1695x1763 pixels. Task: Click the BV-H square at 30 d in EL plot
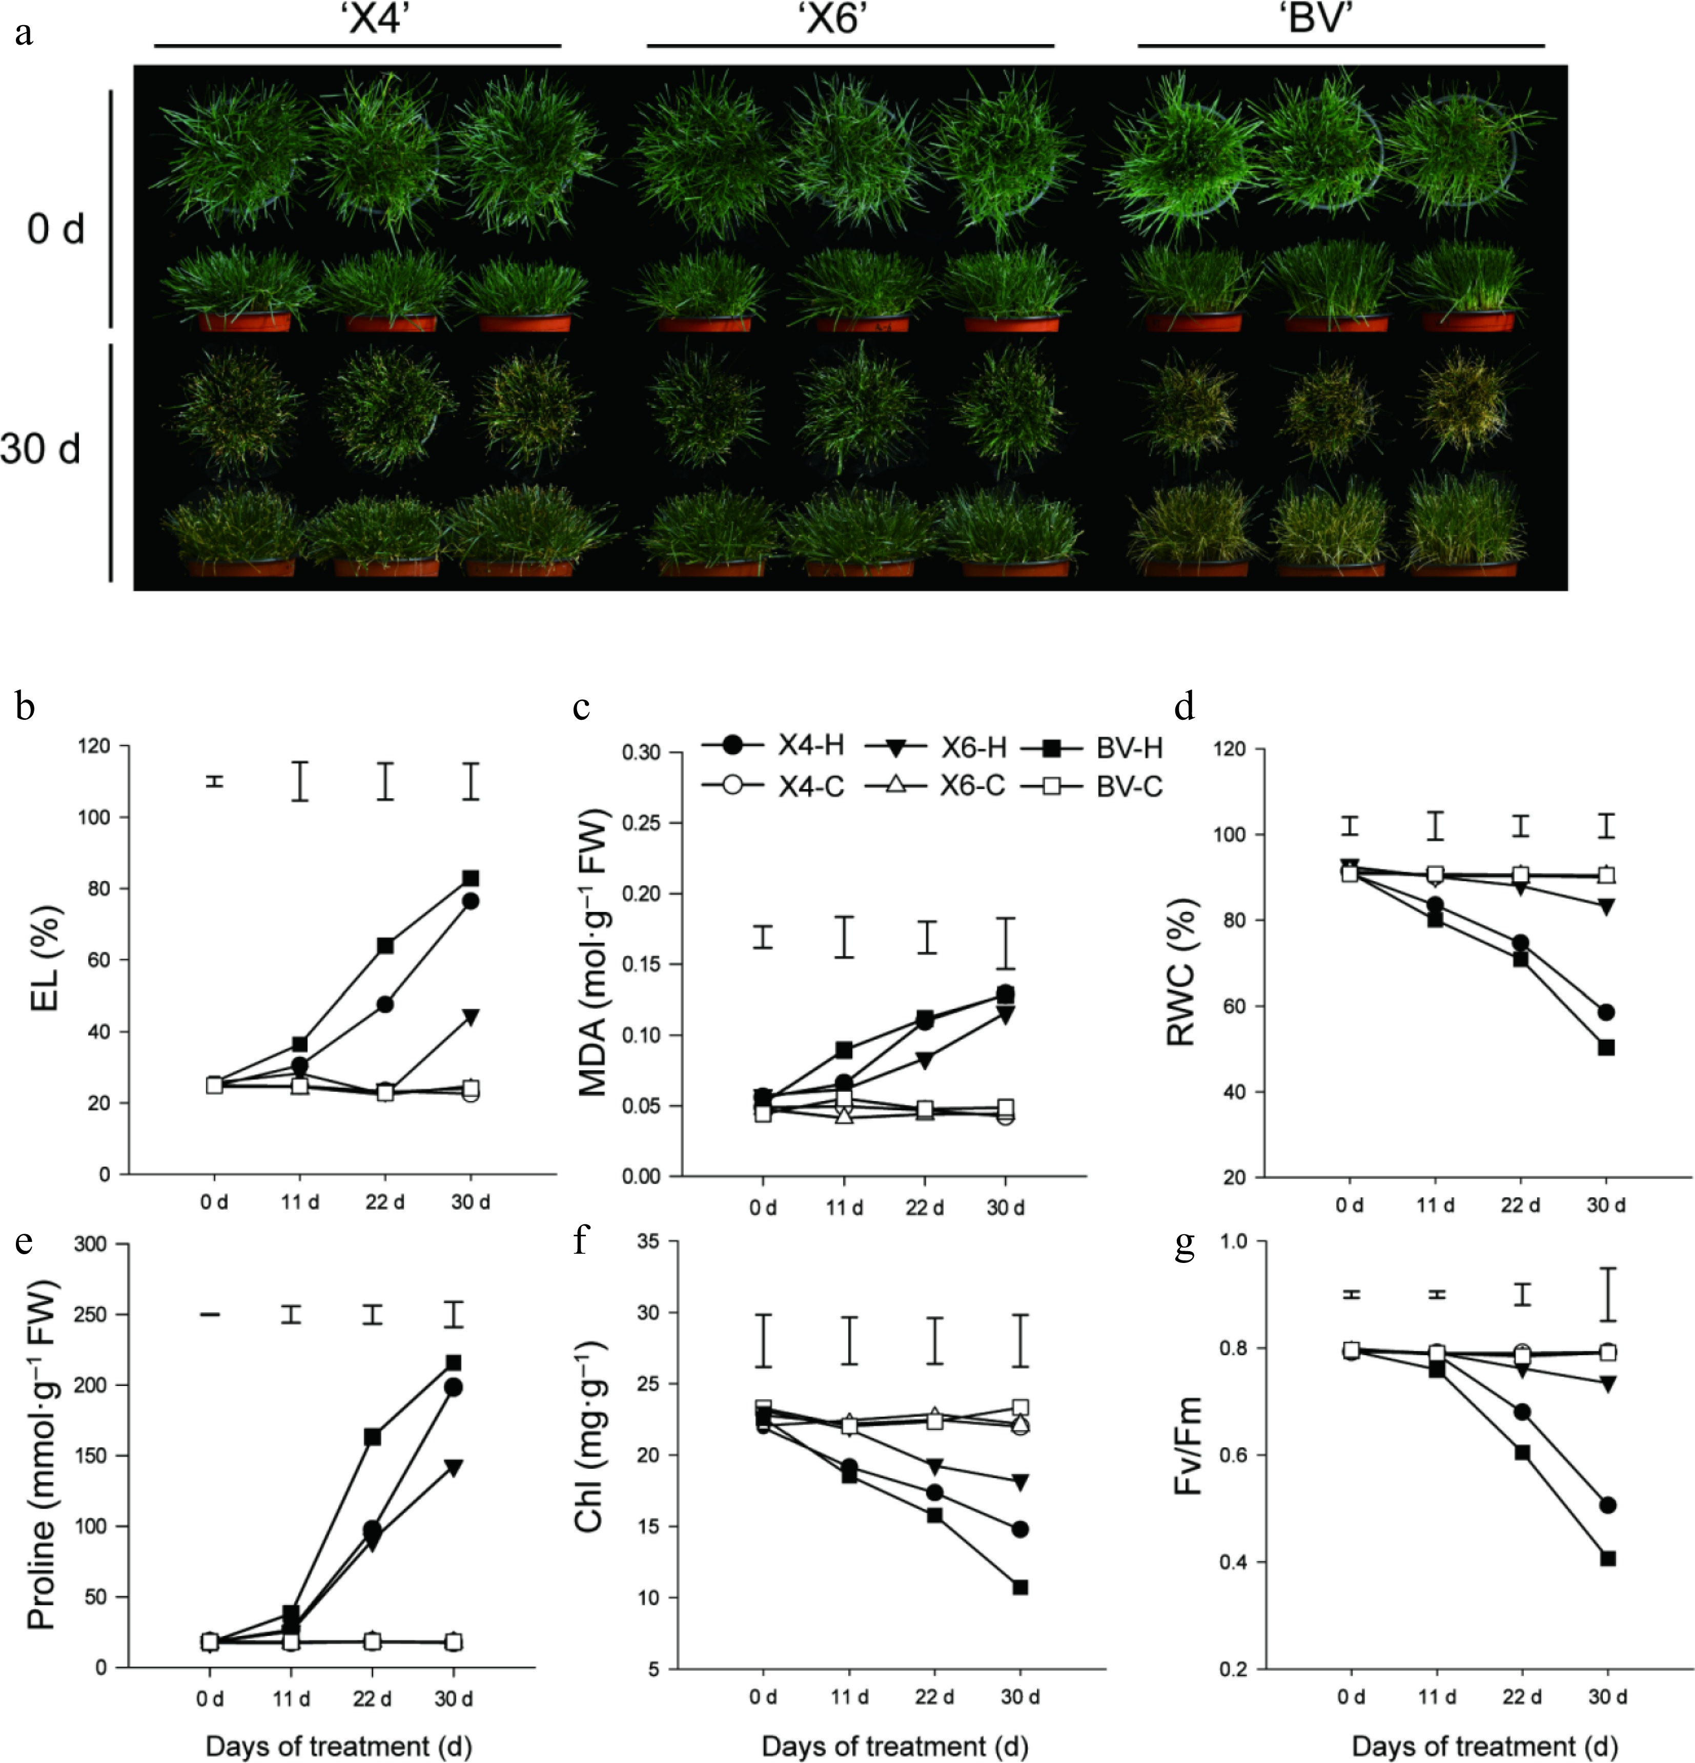[x=471, y=878]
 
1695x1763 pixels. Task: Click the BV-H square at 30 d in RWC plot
[x=1606, y=1047]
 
